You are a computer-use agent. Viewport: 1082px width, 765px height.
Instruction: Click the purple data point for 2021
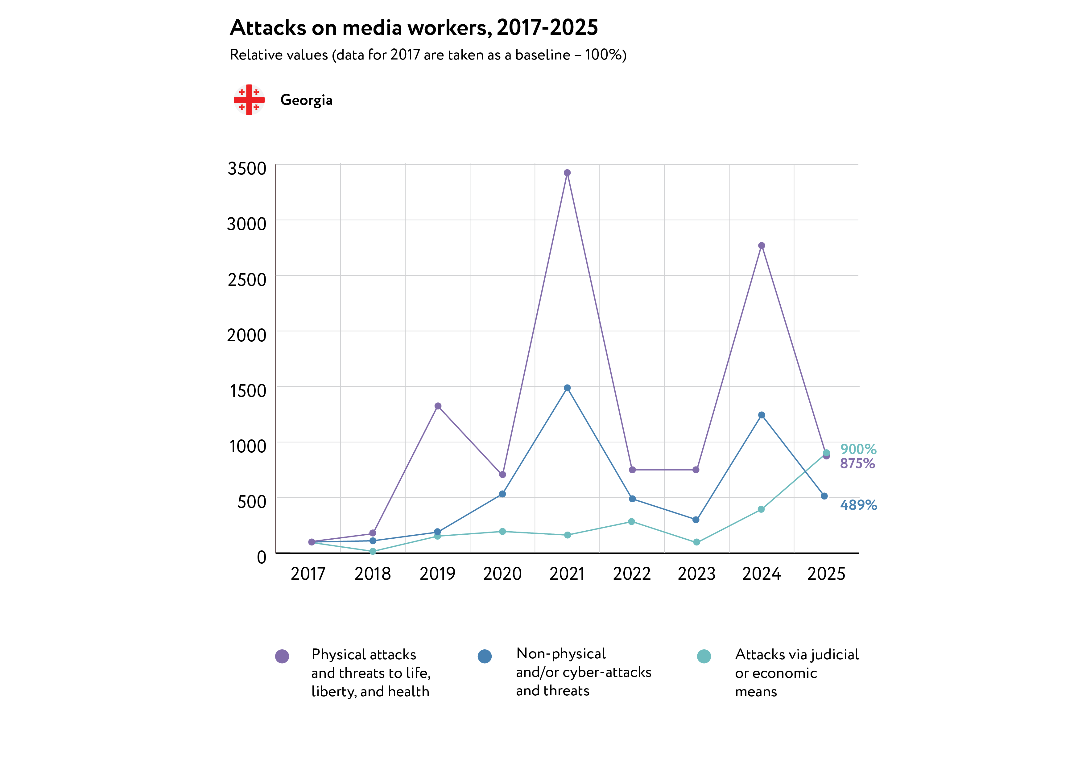point(568,173)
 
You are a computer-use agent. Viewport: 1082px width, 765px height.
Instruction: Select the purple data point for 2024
point(762,245)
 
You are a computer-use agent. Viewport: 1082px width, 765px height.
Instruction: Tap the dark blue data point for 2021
point(568,388)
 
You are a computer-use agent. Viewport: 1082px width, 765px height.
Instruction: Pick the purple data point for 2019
point(438,406)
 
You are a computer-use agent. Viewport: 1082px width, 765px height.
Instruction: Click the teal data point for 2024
point(761,509)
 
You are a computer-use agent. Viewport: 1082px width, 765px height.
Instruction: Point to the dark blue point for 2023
point(696,520)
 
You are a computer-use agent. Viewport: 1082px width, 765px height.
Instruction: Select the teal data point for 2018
point(373,551)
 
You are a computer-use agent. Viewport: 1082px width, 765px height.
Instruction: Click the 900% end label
point(858,449)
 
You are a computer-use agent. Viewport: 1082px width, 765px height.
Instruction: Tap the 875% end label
point(857,463)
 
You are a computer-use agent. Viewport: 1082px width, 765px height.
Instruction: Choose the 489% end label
point(858,505)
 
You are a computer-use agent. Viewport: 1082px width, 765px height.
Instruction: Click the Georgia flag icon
point(249,100)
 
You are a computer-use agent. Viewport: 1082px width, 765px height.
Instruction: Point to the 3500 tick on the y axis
point(247,169)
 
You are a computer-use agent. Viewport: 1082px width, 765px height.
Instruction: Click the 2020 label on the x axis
point(502,574)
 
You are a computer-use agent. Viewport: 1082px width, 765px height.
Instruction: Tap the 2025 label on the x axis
point(826,574)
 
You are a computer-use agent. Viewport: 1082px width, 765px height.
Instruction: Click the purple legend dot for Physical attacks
point(282,656)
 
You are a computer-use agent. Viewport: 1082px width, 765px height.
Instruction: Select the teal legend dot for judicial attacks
point(704,656)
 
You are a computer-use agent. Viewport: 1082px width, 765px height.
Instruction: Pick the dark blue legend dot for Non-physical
point(485,656)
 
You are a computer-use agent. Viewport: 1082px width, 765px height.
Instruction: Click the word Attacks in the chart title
point(268,28)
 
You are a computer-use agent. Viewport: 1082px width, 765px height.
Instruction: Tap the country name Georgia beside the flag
point(306,100)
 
